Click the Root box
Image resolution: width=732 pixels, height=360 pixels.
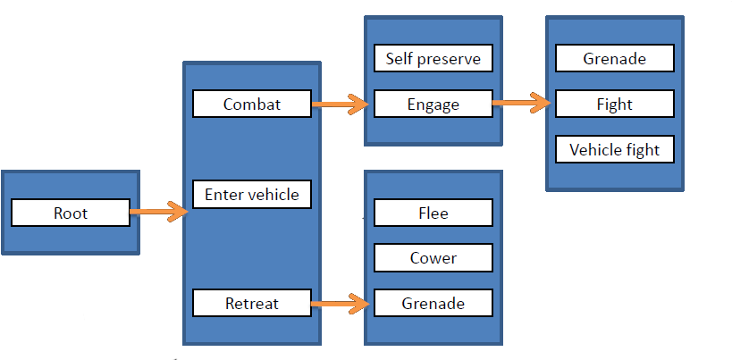(71, 213)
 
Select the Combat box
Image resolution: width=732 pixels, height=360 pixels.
(252, 104)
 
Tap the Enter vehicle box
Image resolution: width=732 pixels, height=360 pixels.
(252, 194)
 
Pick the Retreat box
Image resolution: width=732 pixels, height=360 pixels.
(252, 303)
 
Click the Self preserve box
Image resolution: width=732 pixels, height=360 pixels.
(433, 59)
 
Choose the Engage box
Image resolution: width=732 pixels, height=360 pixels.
(433, 104)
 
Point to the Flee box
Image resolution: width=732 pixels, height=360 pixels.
(433, 213)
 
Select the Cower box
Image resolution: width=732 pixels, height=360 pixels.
(433, 257)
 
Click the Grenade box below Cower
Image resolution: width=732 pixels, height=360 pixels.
(433, 303)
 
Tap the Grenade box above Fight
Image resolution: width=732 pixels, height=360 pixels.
(614, 59)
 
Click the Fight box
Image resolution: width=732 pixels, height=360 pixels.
(614, 104)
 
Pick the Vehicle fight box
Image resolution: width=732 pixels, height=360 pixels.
(614, 149)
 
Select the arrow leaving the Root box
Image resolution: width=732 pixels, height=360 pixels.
(158, 213)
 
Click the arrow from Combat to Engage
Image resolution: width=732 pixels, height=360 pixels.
(341, 105)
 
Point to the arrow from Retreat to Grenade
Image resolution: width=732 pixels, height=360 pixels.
(341, 304)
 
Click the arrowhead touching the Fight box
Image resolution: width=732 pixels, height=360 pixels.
(544, 104)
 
